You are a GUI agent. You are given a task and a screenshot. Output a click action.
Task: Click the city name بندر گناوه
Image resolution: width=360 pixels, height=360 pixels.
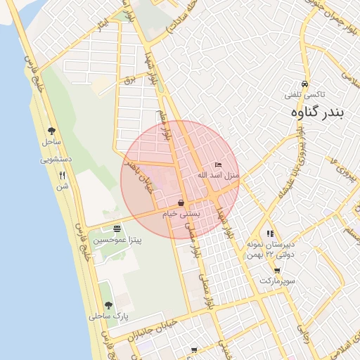pyautogui.click(x=317, y=112)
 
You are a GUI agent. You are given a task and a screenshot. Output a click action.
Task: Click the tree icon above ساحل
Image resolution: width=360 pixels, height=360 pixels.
pyautogui.click(x=51, y=130)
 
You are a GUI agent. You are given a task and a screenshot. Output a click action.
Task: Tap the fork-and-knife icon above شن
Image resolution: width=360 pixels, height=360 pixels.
pyautogui.click(x=62, y=176)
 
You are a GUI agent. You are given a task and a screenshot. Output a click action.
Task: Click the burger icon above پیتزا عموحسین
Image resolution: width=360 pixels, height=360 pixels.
pyautogui.click(x=116, y=229)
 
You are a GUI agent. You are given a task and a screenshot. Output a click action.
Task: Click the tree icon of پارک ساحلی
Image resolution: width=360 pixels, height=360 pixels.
pyautogui.click(x=108, y=304)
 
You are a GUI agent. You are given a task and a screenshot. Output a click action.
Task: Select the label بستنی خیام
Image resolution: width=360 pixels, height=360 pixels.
pyautogui.click(x=181, y=213)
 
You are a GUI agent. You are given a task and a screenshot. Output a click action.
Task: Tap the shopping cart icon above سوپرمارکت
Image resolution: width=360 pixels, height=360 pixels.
pyautogui.click(x=277, y=270)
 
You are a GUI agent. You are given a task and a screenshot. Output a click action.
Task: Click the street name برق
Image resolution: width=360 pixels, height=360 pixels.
pyautogui.click(x=128, y=79)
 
